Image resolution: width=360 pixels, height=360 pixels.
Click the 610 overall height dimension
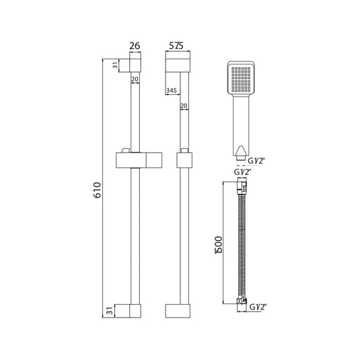click(x=98, y=190)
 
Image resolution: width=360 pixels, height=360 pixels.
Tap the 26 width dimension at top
click(x=135, y=46)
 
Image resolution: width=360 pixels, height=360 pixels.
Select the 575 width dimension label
click(x=176, y=46)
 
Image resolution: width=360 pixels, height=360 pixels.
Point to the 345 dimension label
click(x=172, y=90)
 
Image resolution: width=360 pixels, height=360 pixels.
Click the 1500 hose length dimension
click(x=219, y=245)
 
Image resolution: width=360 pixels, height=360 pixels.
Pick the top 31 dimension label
click(x=115, y=65)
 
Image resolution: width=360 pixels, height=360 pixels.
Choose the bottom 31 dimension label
click(x=110, y=311)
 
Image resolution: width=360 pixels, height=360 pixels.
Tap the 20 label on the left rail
click(x=135, y=79)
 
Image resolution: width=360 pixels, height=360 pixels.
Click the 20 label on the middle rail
click(x=184, y=106)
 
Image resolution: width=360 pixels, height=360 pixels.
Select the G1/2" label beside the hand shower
click(x=256, y=161)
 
